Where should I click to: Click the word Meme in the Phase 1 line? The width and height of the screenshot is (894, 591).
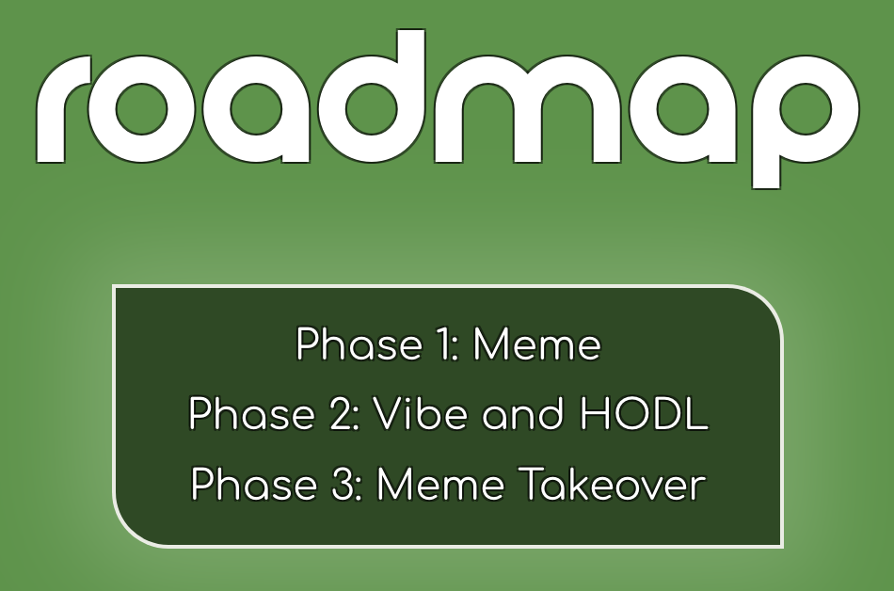[537, 344]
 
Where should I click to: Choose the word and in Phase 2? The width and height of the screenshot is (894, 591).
[523, 414]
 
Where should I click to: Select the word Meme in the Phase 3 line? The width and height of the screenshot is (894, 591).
[440, 485]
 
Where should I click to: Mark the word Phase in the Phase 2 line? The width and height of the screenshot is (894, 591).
[251, 414]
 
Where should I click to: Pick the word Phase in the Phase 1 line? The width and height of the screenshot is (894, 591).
[359, 344]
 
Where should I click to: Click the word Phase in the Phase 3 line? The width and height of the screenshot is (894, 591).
[254, 485]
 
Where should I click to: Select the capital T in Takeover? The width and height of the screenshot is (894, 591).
[532, 485]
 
